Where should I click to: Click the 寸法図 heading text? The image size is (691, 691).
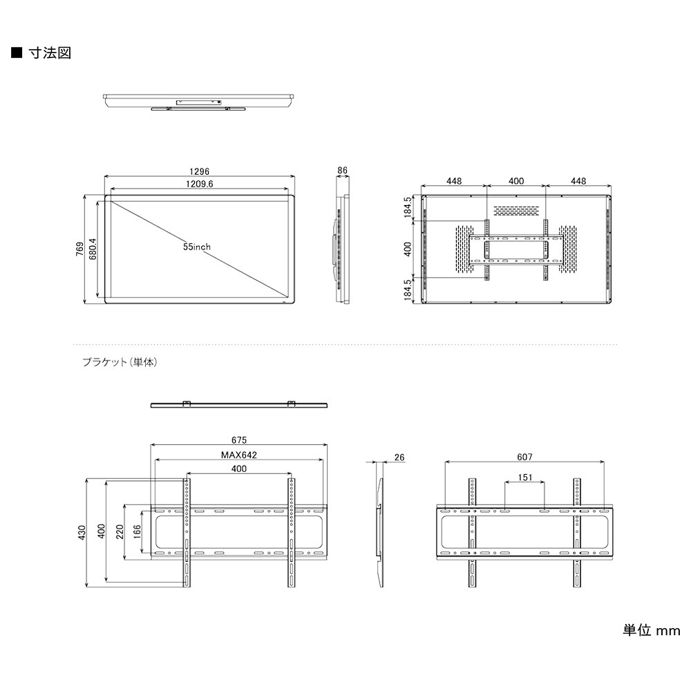50,53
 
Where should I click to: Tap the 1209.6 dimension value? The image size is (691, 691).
199,184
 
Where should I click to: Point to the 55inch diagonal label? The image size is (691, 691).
197,247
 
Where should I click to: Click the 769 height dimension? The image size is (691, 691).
80,248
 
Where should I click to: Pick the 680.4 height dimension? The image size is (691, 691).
92,248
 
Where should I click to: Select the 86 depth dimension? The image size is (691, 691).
342,169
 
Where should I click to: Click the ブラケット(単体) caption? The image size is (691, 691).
120,361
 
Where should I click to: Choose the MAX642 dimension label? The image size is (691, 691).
239,455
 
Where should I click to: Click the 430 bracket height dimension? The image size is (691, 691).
82,531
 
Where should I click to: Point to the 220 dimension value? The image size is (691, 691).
120,531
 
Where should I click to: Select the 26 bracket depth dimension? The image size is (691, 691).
399,457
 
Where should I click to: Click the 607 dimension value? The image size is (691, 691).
524,457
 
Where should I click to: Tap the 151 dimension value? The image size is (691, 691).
524,477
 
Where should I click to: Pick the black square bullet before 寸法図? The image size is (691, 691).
16,53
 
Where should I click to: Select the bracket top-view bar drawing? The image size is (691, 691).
239,405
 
